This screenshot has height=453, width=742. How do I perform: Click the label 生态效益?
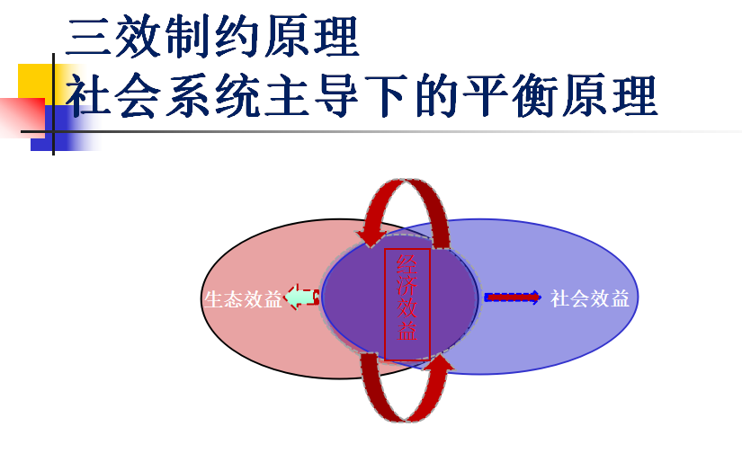(243, 299)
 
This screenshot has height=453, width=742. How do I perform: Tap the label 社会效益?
(590, 298)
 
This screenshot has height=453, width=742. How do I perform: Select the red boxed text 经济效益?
(407, 305)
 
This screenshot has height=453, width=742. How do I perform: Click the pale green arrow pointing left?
(301, 297)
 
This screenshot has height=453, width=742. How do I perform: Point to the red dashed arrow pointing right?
(513, 298)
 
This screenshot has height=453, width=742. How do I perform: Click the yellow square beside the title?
(36, 81)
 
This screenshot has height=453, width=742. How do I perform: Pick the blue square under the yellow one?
(66, 129)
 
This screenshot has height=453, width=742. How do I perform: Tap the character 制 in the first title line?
(188, 37)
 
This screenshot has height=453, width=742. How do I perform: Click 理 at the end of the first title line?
(336, 37)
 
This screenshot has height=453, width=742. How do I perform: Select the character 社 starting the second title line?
(88, 95)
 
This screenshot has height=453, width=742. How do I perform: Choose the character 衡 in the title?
(536, 95)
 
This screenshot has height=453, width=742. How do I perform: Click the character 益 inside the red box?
(407, 331)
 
